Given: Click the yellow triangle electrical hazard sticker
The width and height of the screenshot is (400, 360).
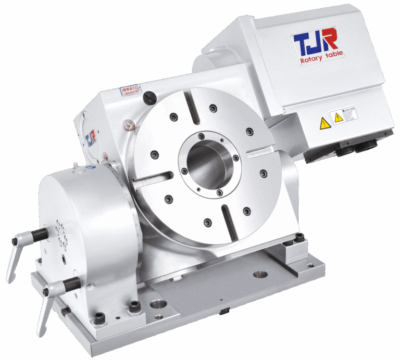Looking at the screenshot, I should click(x=324, y=123).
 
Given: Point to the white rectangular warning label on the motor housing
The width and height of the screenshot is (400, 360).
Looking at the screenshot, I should click(x=344, y=115).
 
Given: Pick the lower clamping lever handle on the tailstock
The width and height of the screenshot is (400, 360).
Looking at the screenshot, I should click(x=49, y=304).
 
